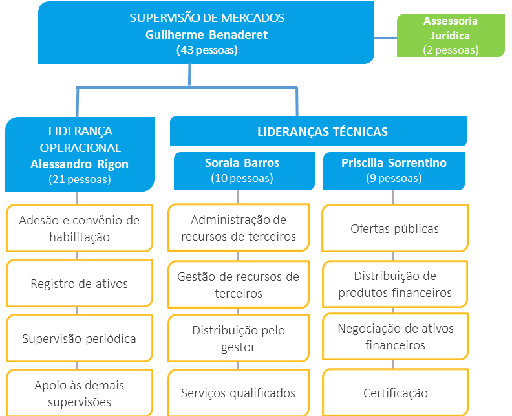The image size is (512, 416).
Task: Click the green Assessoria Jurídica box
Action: [x=451, y=35]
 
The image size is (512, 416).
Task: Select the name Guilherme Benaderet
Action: [x=206, y=34]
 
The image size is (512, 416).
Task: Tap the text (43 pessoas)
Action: [x=206, y=50]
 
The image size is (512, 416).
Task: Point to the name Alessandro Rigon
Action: [x=80, y=164]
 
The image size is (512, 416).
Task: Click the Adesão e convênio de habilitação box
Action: [x=80, y=228]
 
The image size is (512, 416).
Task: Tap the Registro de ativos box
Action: [x=80, y=283]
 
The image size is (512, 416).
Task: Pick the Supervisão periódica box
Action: [x=80, y=339]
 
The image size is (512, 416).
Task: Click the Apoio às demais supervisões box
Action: [x=80, y=393]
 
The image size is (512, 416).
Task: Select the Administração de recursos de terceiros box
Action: [x=239, y=228]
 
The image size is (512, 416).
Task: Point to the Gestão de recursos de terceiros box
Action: [x=239, y=285]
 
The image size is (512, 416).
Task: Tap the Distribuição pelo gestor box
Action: [x=239, y=338]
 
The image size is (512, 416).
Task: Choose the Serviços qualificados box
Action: [x=239, y=393]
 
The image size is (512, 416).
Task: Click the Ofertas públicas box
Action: [x=394, y=228]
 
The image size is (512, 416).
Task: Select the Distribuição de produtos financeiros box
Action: [x=394, y=285]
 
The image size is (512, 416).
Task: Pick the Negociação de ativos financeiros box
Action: [x=394, y=336]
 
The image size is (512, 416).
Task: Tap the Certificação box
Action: [x=394, y=393]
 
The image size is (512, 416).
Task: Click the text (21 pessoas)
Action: [x=80, y=179]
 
